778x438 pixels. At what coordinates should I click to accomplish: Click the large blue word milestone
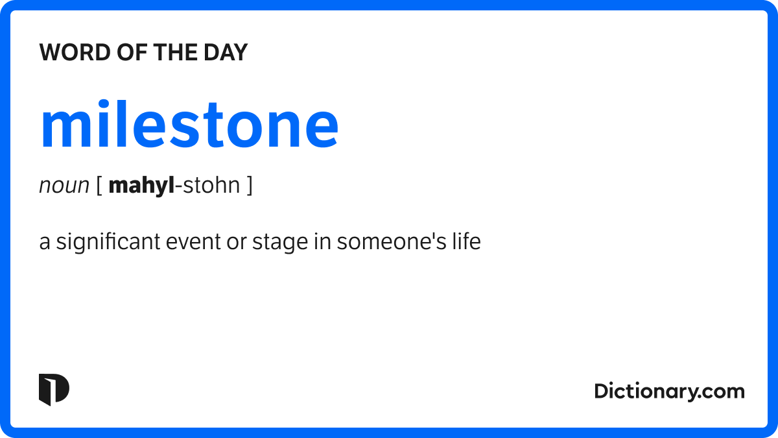189,124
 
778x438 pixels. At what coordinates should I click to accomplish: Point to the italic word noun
64,186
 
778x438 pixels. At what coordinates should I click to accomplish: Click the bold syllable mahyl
141,186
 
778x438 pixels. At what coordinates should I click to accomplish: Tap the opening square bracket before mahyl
99,185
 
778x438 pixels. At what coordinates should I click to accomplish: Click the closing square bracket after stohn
250,185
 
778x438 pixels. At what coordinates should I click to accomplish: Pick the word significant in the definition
108,242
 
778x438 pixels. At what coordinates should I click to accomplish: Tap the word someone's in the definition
392,241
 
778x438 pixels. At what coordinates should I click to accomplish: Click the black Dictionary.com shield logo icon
54,390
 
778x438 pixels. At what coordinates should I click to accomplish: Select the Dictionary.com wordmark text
669,392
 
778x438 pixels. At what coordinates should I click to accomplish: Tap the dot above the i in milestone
103,104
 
